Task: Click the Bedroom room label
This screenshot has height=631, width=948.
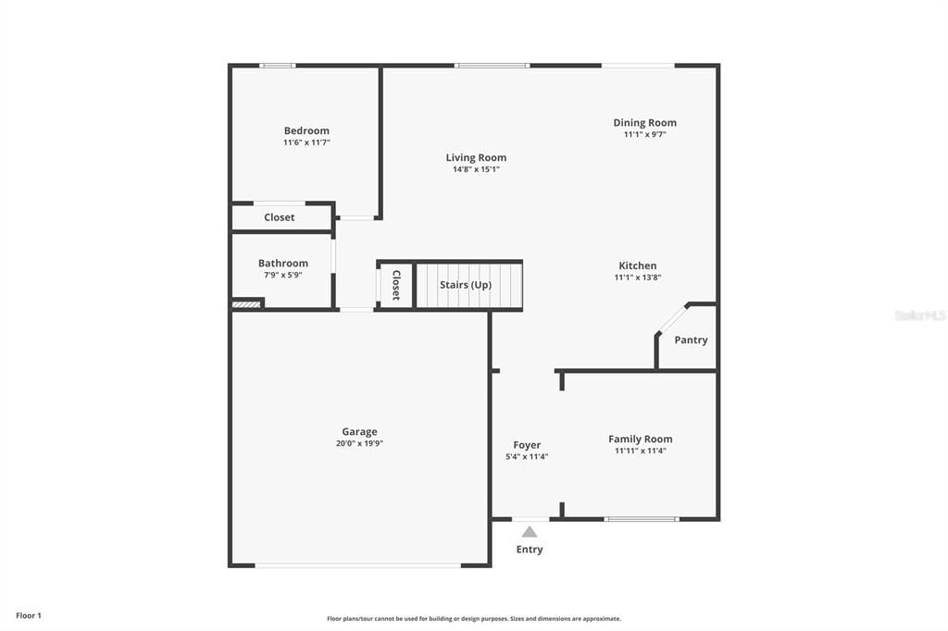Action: point(306,130)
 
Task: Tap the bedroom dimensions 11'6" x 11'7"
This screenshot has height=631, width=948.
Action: point(306,142)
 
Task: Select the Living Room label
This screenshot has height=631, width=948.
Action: point(476,157)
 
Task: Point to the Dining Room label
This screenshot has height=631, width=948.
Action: point(644,122)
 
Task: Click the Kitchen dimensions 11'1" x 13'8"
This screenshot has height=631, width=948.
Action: point(638,277)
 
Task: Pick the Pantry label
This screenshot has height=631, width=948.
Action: point(691,340)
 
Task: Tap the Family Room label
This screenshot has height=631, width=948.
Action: point(640,439)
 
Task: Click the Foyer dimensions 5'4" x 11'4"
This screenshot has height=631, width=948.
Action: point(527,456)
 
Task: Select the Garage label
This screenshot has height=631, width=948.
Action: point(359,431)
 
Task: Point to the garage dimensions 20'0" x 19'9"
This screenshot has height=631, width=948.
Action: point(359,443)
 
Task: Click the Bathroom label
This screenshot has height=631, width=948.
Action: point(283,263)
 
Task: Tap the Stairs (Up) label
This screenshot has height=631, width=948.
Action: point(466,284)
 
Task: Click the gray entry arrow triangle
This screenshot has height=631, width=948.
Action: point(530,532)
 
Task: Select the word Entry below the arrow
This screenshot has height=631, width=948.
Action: point(530,550)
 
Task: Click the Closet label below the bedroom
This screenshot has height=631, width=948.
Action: point(280,217)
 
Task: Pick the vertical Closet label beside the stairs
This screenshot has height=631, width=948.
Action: point(396,285)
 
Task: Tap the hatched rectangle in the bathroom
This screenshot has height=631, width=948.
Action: point(245,303)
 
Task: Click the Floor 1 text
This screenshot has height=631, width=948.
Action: point(29,615)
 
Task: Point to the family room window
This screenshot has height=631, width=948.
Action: point(642,518)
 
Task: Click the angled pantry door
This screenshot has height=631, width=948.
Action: point(672,318)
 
